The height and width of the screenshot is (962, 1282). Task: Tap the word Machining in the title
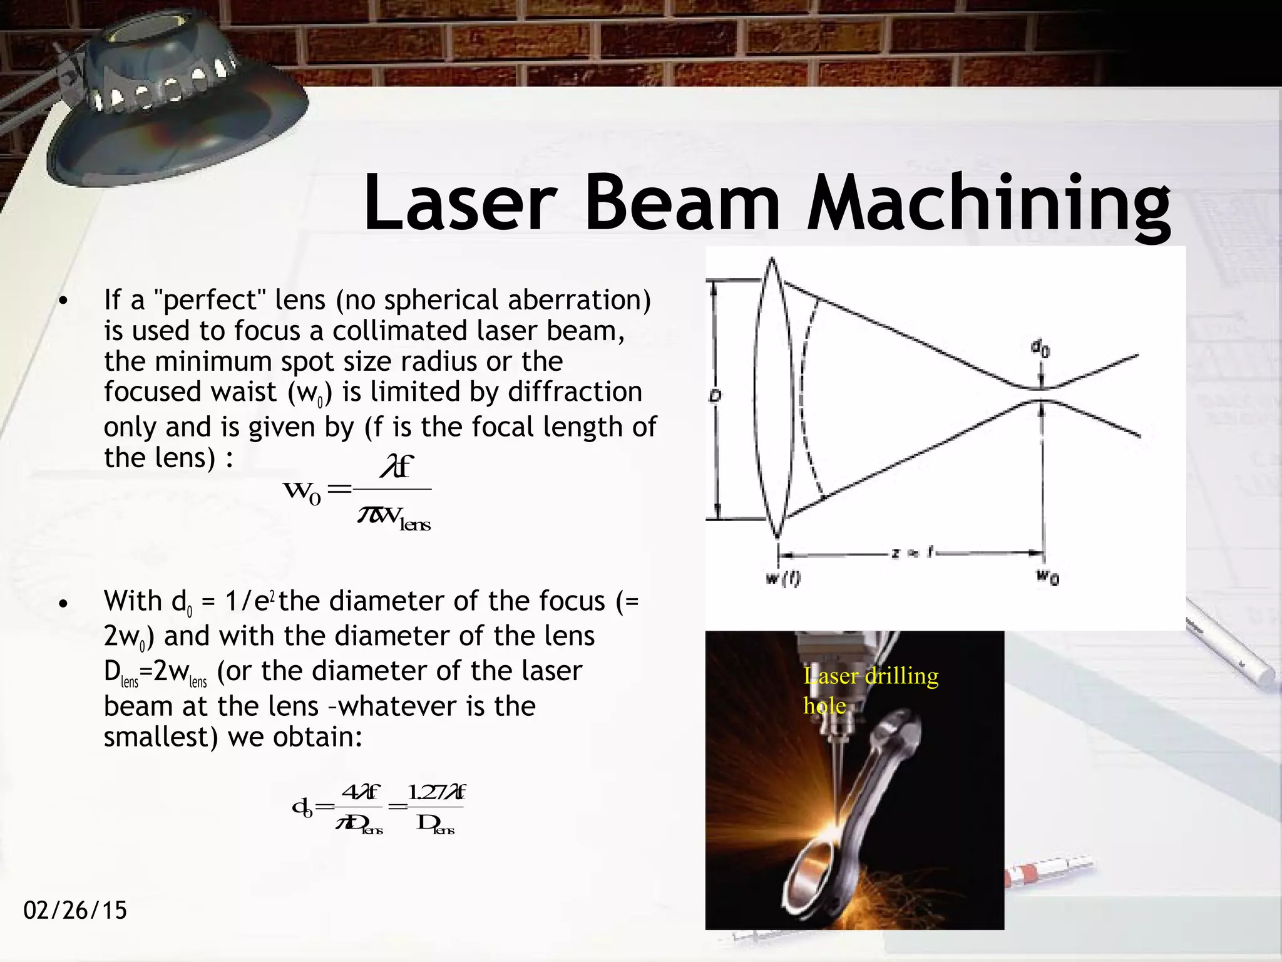[x=989, y=204]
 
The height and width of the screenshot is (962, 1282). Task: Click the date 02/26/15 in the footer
[x=75, y=910]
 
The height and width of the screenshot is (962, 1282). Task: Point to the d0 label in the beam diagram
[x=1040, y=349]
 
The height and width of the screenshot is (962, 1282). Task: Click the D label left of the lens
[x=714, y=396]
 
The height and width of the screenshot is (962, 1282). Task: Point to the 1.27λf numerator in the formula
[x=436, y=793]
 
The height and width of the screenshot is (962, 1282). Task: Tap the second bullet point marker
[x=62, y=604]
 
